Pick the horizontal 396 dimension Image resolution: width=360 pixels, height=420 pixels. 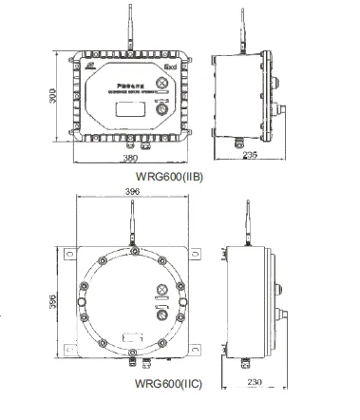[x=132, y=192]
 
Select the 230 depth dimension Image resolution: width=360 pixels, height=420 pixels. [x=253, y=382]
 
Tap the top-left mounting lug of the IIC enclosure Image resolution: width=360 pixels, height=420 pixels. [x=69, y=254]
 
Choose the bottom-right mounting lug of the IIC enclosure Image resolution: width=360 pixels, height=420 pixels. [x=197, y=353]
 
